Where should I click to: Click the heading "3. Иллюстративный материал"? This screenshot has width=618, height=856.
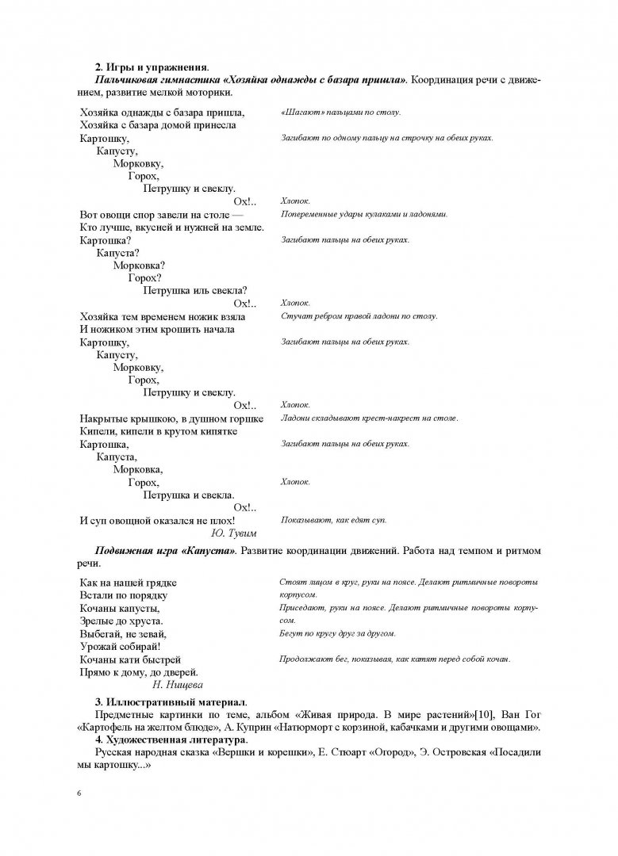[x=171, y=702]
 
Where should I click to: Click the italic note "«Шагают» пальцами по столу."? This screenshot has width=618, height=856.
[x=340, y=113]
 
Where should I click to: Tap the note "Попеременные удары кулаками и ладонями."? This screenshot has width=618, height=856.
[x=364, y=214]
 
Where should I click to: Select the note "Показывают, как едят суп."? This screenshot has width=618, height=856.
[x=333, y=520]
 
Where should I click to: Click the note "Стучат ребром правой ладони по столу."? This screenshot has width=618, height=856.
[x=359, y=316]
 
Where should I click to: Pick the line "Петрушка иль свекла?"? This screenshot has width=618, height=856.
[x=194, y=290]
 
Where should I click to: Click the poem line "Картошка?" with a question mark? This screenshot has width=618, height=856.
[x=106, y=239]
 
